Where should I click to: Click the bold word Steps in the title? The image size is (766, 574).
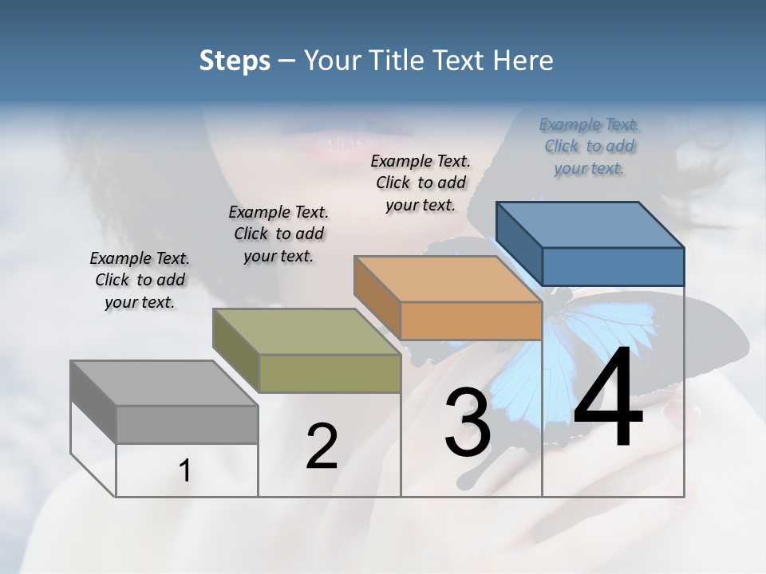[235, 61]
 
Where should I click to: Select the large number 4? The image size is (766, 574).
[608, 399]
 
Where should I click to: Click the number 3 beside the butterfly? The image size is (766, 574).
[467, 423]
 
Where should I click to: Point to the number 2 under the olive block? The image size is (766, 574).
[322, 446]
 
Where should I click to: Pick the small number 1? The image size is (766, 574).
[185, 471]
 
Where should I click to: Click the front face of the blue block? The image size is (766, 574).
[613, 266]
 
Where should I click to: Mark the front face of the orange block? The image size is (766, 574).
[471, 320]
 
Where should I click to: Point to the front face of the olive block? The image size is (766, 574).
[330, 373]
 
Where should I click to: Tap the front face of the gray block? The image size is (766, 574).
[187, 424]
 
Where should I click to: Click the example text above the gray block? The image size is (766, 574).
[140, 280]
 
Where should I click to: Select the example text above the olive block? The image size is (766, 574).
[278, 234]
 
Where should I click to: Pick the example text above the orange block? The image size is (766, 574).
[421, 183]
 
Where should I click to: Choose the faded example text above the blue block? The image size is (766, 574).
[589, 146]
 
